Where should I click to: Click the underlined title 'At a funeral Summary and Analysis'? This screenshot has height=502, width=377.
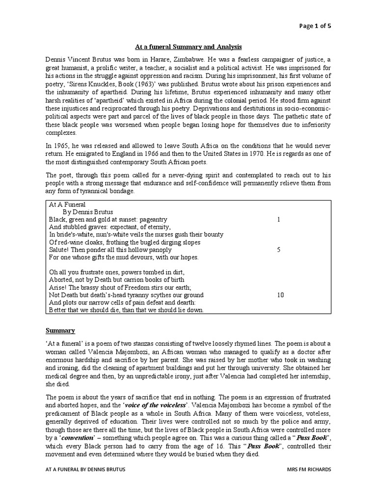(x=188, y=47)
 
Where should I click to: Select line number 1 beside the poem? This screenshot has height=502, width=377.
(x=278, y=219)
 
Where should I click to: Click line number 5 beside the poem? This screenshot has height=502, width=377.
(x=278, y=250)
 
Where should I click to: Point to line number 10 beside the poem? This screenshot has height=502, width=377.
(x=280, y=295)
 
